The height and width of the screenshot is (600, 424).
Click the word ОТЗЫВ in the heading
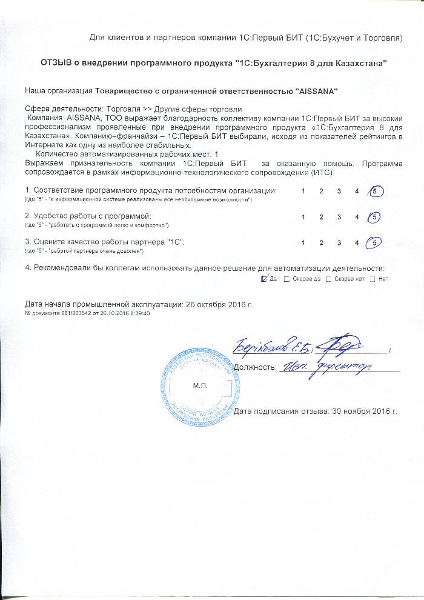pos(57,63)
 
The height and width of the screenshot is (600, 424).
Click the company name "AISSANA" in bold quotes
pos(315,91)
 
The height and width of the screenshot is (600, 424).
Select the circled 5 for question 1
pos(376,192)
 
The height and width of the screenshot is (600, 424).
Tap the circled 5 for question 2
pos(376,216)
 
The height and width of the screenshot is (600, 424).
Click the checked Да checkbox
pos(263,279)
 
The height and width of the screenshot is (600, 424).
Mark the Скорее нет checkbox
pos(329,279)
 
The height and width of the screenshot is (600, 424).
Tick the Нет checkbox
pos(372,279)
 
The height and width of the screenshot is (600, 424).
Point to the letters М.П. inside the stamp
pos(199,385)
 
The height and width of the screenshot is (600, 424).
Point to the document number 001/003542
pos(79,313)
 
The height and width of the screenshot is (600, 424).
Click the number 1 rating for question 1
pos(303,192)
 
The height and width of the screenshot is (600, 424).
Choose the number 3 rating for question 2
pos(339,216)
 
